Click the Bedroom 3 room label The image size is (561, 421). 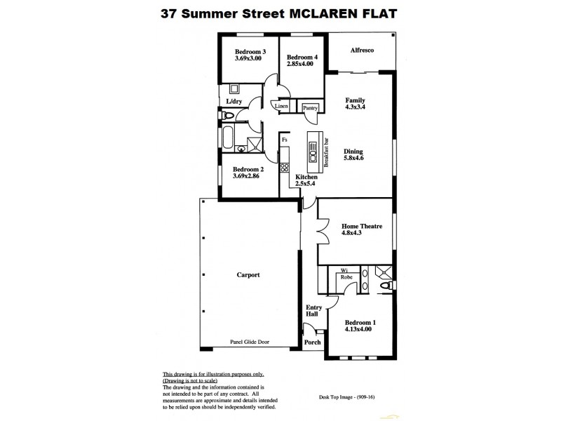(x=250, y=51)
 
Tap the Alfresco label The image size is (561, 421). (x=361, y=51)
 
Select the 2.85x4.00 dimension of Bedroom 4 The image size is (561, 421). (x=299, y=65)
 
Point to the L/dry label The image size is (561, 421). (x=234, y=102)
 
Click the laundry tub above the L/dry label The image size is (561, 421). (x=235, y=89)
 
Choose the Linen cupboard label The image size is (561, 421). (x=282, y=107)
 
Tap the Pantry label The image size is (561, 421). (x=311, y=108)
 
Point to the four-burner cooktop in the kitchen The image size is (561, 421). (x=284, y=168)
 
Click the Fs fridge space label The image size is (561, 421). (x=285, y=140)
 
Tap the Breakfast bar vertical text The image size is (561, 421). (x=326, y=150)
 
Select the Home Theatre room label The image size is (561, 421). (x=360, y=227)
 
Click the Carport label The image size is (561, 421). (x=248, y=275)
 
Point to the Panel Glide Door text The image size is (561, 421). (x=250, y=342)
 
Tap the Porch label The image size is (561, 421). (x=312, y=342)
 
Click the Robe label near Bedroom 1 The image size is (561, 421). (x=346, y=278)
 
